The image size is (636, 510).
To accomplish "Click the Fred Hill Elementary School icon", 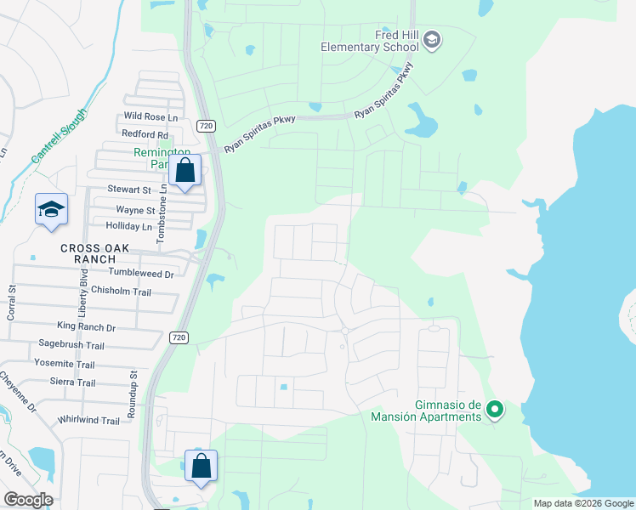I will tap(432, 40).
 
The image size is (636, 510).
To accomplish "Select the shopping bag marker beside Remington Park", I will tap(185, 171).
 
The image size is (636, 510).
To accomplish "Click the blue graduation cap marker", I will tap(51, 209).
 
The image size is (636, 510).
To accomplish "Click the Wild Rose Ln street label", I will tap(151, 116).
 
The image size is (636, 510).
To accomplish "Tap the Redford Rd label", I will tap(145, 134).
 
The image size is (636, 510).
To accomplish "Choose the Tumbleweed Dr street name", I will tap(141, 274).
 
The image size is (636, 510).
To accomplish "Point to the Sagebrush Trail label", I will tap(71, 345).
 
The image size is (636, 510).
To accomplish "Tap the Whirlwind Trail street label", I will tap(89, 420).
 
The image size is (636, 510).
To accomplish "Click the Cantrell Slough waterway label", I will tap(59, 136).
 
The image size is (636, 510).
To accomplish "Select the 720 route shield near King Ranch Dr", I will tap(178, 337).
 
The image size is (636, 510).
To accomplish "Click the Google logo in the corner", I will tap(28, 500).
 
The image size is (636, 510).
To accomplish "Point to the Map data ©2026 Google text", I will tap(582, 503).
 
